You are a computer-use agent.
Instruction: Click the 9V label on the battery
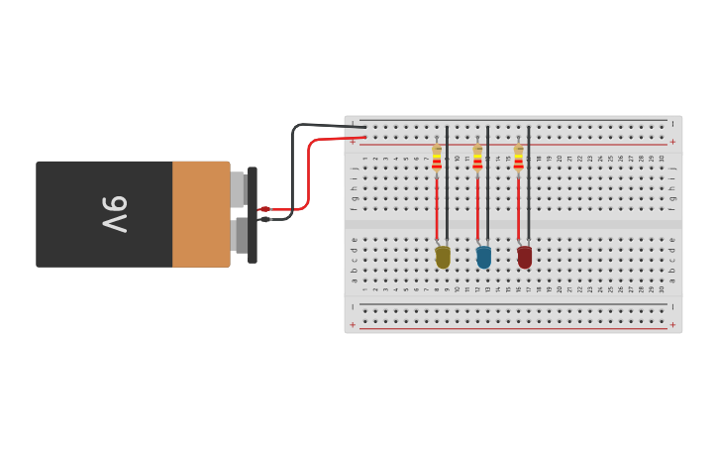(x=115, y=214)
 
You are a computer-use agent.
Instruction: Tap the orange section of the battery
(x=201, y=214)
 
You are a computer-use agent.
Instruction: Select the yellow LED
(x=443, y=257)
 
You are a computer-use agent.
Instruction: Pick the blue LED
(x=483, y=257)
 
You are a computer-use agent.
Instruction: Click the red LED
(x=524, y=257)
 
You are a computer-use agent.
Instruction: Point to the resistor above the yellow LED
(x=437, y=158)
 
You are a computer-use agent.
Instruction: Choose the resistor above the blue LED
(x=477, y=158)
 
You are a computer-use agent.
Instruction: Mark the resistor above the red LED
(x=518, y=158)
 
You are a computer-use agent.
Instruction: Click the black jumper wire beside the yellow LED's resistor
(x=447, y=183)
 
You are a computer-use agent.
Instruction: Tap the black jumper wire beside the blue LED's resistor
(x=487, y=183)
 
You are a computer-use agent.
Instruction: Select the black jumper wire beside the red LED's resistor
(x=528, y=183)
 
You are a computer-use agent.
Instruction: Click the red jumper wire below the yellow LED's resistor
(x=437, y=208)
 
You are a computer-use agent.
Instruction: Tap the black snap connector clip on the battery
(x=253, y=214)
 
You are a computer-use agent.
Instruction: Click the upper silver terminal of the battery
(x=238, y=188)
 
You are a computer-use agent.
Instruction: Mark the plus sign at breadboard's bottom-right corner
(x=672, y=324)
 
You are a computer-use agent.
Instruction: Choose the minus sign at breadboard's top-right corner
(x=672, y=125)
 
